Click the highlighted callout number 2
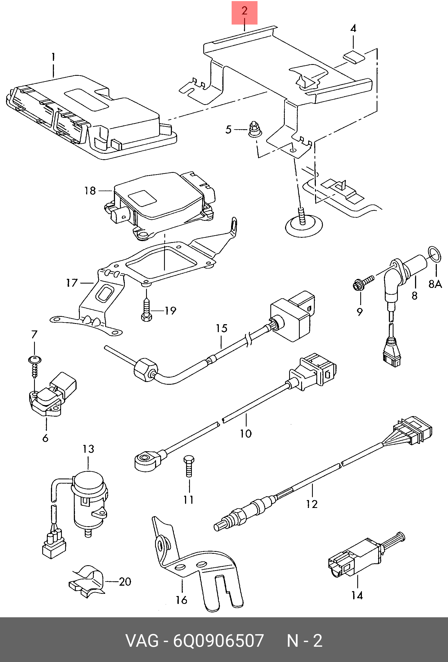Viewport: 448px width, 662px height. pyautogui.click(x=244, y=11)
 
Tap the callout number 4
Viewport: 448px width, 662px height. pyautogui.click(x=353, y=28)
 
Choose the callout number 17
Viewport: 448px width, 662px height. pyautogui.click(x=72, y=283)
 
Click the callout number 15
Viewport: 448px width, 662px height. pyautogui.click(x=222, y=328)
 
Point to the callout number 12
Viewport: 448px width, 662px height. pyautogui.click(x=312, y=504)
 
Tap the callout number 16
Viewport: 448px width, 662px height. pyautogui.click(x=181, y=600)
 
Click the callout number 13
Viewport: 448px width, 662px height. pyautogui.click(x=88, y=449)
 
